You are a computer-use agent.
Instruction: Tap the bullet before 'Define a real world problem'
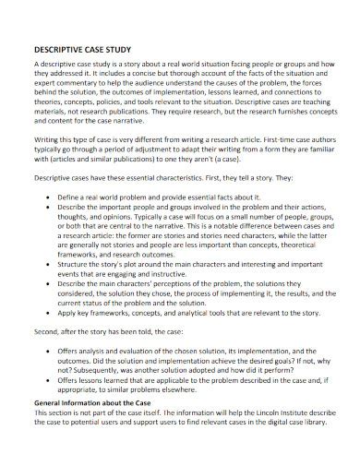47,197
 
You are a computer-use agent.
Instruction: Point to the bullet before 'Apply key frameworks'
47,338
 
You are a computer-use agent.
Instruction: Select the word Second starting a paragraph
47,354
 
